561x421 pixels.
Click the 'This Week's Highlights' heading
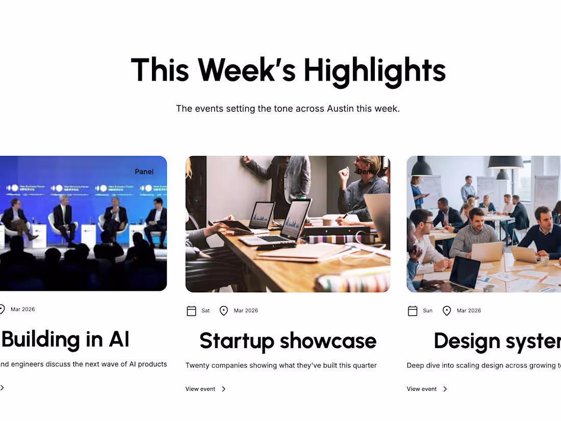(x=288, y=70)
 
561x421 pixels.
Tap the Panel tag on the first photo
(x=144, y=171)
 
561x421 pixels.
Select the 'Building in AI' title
(x=65, y=339)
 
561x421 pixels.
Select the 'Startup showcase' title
(x=288, y=341)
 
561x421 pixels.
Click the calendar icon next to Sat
(x=192, y=311)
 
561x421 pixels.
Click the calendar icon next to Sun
(x=413, y=311)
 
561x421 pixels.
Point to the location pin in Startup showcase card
(x=223, y=311)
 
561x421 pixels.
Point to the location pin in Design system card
(x=447, y=311)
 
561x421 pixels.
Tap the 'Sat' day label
(x=206, y=311)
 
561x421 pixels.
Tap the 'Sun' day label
(x=428, y=311)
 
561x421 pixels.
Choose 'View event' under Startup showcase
(x=200, y=389)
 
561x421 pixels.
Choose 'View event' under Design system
(x=422, y=389)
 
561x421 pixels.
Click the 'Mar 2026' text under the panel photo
(x=23, y=309)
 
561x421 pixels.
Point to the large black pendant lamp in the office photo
(x=505, y=162)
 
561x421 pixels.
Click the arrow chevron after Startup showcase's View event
(x=223, y=389)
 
